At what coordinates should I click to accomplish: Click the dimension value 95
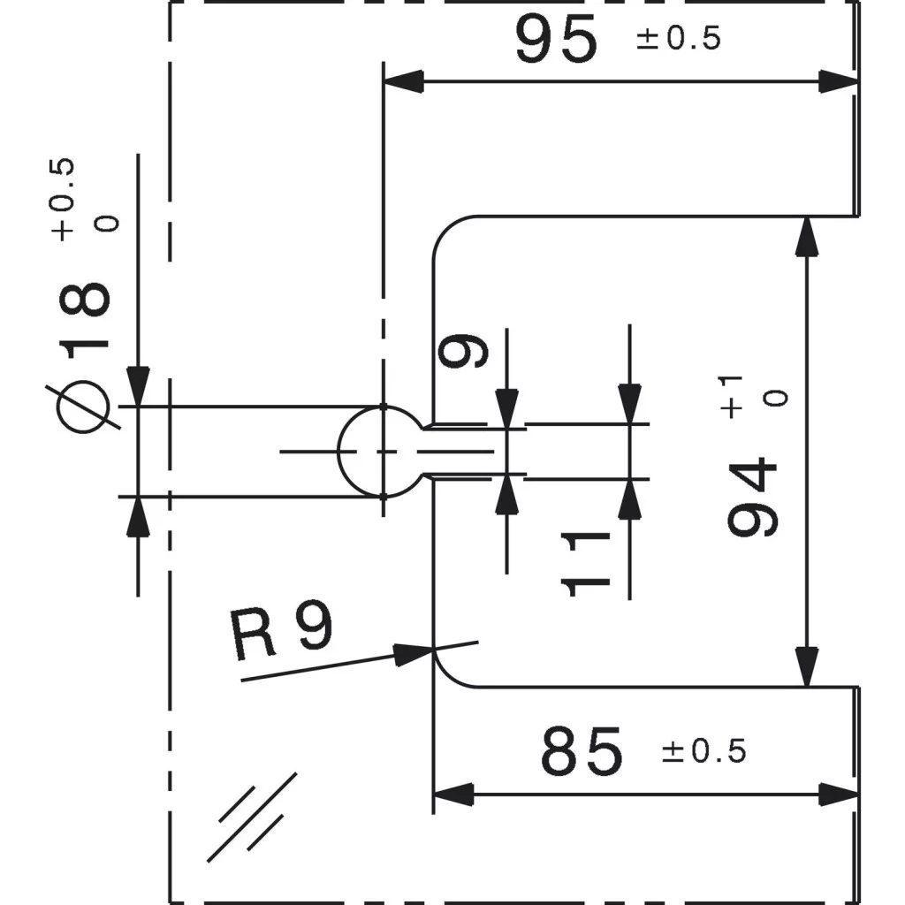pos(557,39)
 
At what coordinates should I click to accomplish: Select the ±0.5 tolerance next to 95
pos(679,39)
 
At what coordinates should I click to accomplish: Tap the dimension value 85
pos(582,751)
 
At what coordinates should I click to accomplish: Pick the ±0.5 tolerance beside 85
pos(704,751)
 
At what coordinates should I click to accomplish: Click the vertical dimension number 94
pos(753,497)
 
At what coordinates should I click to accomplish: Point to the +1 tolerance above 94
pos(731,397)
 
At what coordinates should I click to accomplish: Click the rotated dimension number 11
pos(585,564)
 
